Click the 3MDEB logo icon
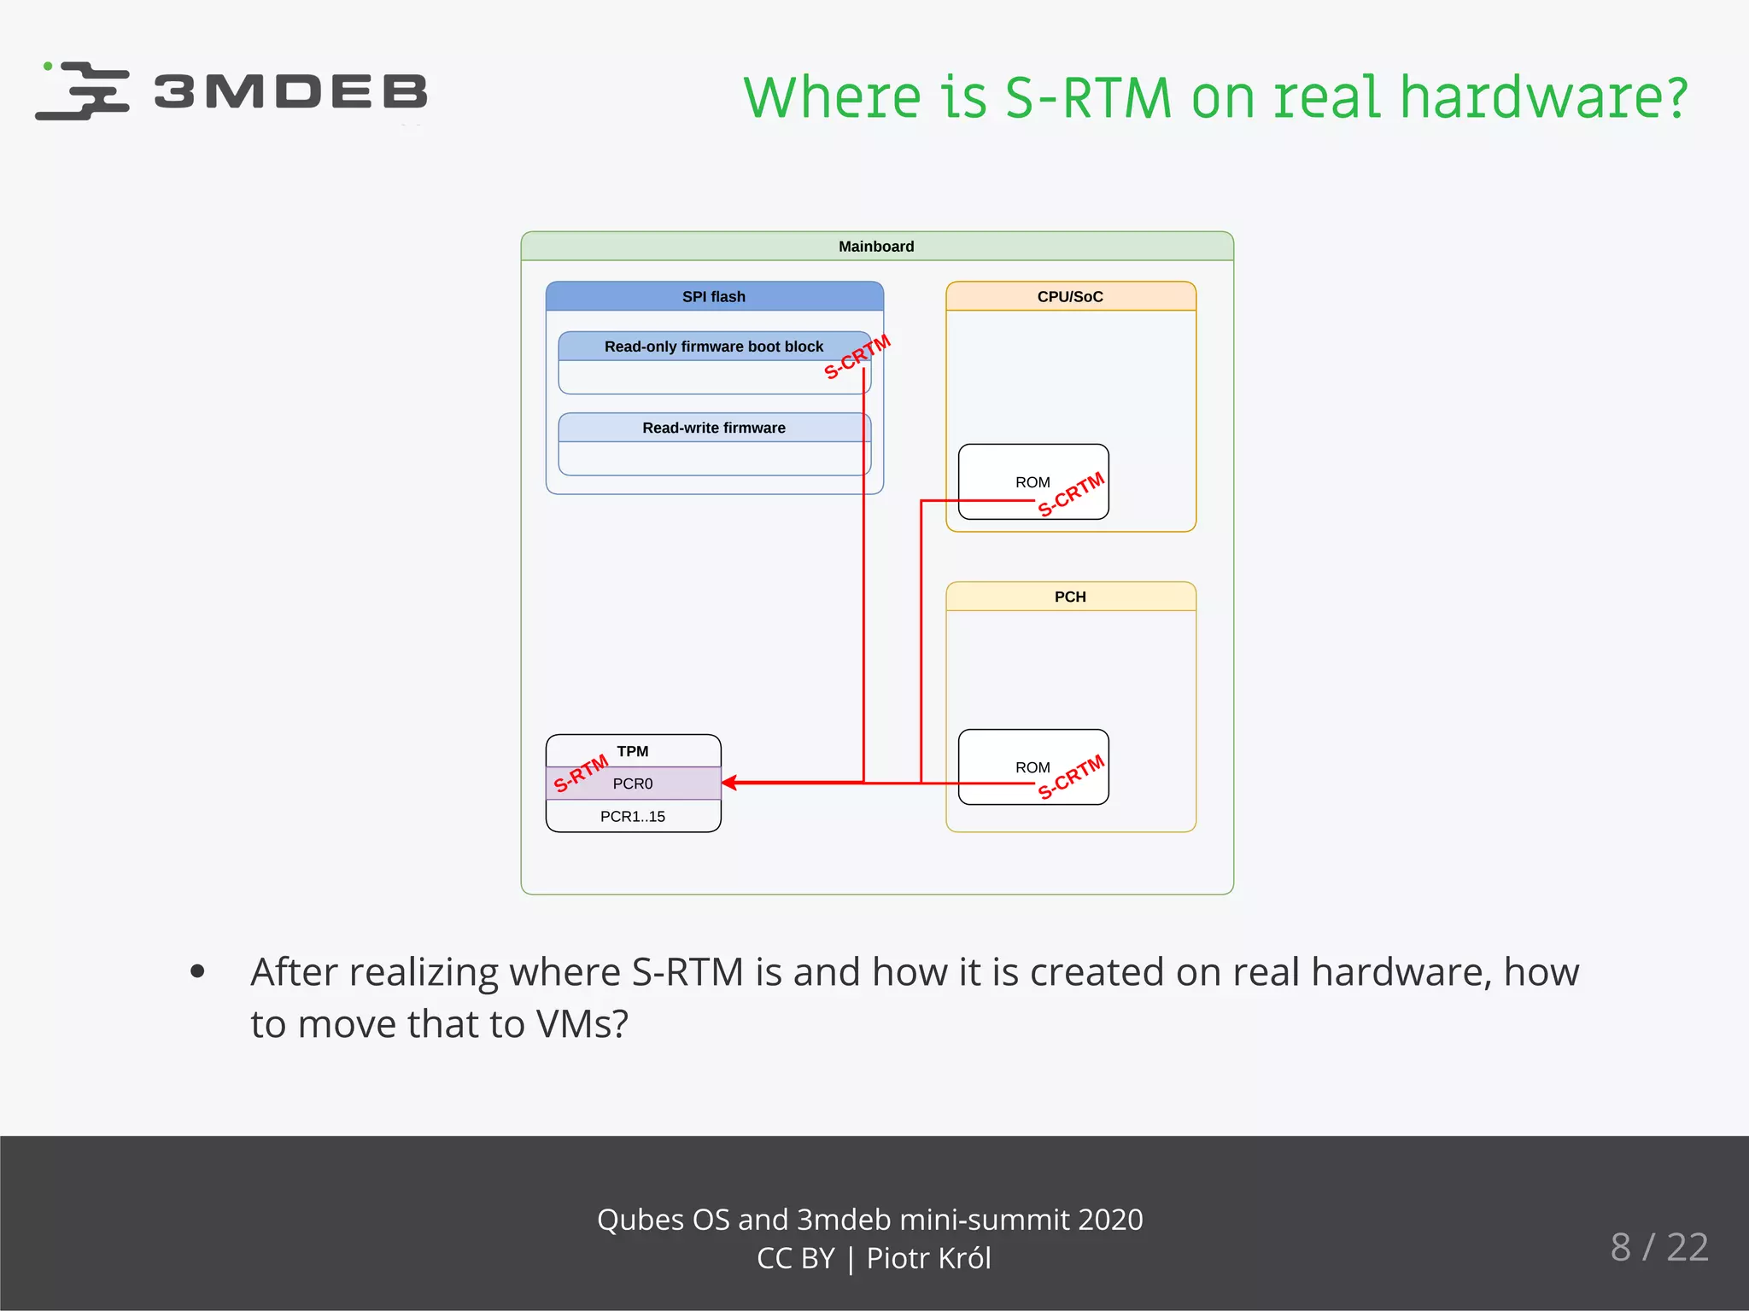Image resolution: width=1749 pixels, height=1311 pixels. tap(83, 90)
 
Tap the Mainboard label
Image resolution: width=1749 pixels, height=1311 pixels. tap(875, 247)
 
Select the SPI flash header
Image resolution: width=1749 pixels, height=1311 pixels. tap(713, 296)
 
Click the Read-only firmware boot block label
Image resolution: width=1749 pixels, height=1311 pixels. tap(713, 347)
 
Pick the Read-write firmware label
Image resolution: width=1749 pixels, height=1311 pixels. tap(713, 428)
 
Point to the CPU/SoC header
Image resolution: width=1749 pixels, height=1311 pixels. tap(1069, 296)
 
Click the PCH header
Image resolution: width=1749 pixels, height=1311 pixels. tap(1069, 597)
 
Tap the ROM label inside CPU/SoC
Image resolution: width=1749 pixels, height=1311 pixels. tap(1032, 482)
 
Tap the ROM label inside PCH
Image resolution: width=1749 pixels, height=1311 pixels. tap(1032, 767)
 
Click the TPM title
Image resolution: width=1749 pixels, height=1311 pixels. tap(632, 751)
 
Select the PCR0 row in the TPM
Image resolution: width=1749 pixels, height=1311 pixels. tap(632, 784)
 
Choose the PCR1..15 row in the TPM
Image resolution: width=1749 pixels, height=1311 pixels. tap(632, 816)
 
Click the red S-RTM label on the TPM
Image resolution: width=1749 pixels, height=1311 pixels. tap(581, 773)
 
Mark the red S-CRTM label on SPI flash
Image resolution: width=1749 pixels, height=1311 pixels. tap(857, 357)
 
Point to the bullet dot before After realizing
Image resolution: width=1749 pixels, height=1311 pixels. tap(197, 971)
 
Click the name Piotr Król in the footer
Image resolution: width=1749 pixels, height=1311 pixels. tap(928, 1258)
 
